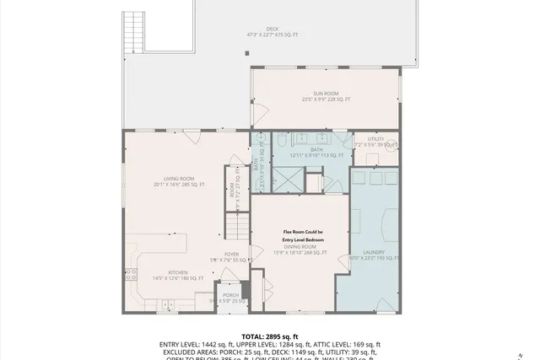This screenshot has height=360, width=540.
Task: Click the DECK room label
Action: (x=273, y=30)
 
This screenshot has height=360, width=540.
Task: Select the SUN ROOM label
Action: (x=326, y=94)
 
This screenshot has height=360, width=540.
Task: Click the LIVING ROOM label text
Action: (x=179, y=178)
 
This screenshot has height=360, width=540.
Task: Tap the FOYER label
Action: (x=231, y=254)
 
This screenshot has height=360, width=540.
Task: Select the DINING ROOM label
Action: (x=300, y=246)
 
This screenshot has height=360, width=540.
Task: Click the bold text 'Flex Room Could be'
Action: (x=302, y=232)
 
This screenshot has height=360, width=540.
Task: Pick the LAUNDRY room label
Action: (x=374, y=252)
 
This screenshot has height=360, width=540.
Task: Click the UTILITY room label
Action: (x=375, y=139)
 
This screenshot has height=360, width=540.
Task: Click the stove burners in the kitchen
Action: (x=131, y=272)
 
